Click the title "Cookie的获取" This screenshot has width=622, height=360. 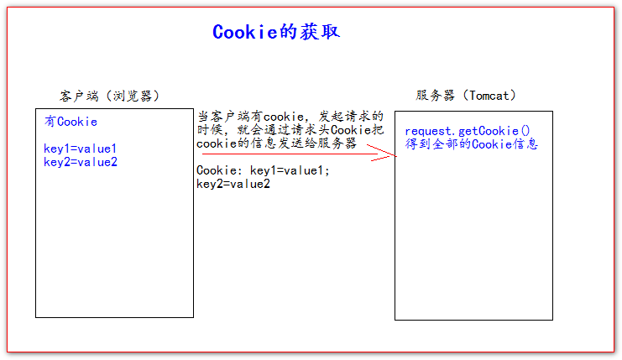[x=275, y=32]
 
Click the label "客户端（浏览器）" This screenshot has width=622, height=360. [x=108, y=96]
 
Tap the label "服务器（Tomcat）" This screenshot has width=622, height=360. [x=466, y=96]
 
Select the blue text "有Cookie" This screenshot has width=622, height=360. [x=71, y=122]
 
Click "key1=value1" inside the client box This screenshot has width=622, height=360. [x=81, y=149]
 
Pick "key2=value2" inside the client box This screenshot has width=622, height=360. [x=81, y=162]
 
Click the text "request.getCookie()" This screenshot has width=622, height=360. [x=463, y=131]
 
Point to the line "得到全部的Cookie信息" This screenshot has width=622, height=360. [x=471, y=144]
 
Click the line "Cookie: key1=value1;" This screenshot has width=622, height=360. [x=264, y=170]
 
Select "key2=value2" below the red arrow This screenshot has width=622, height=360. [x=233, y=184]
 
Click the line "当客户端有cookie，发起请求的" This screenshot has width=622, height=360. [x=290, y=117]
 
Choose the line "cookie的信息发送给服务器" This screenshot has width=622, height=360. [x=276, y=143]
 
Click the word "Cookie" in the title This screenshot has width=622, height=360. [x=243, y=32]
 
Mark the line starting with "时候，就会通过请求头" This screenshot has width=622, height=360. [x=290, y=130]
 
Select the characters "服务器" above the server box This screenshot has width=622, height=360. [x=434, y=96]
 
